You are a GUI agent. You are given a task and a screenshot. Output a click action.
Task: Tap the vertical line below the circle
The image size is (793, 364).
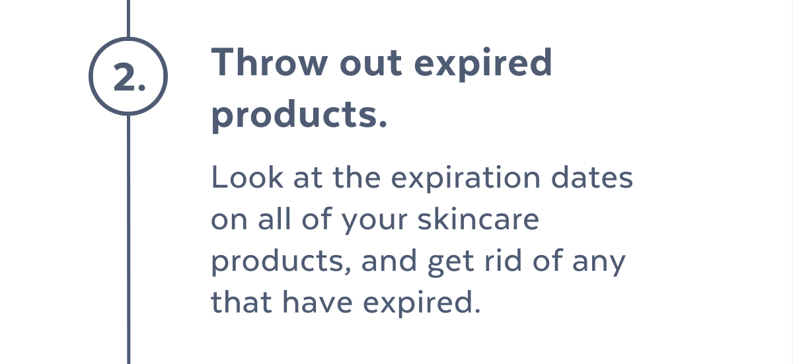click(128, 238)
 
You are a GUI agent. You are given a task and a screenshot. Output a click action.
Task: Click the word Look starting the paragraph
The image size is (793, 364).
click(242, 178)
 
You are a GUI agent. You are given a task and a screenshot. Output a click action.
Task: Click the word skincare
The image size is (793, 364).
click(478, 219)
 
